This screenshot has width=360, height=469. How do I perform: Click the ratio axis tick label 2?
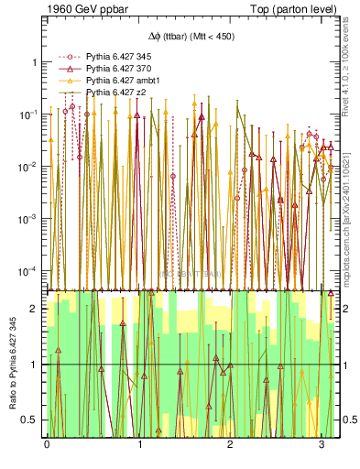click(34, 309)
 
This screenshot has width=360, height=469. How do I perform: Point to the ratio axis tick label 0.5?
click(30, 420)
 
